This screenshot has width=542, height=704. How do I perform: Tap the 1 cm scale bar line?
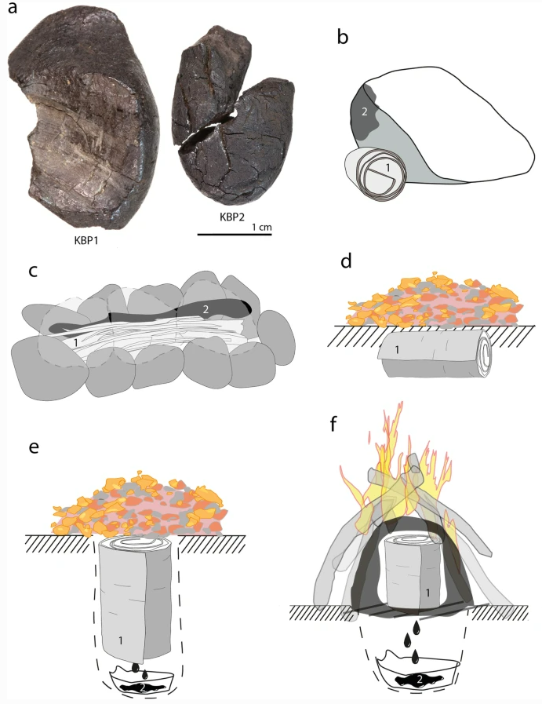click(x=235, y=234)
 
